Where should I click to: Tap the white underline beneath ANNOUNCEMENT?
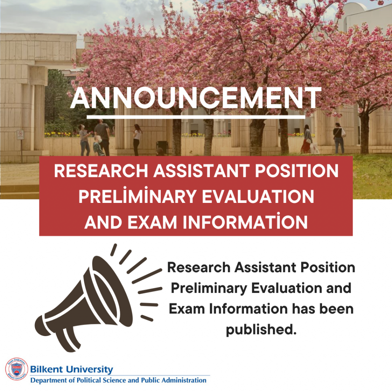196,117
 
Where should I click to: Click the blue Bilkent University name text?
72,369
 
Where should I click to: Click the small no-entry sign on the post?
20,135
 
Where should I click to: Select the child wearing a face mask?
98,146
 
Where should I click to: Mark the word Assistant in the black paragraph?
265,268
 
